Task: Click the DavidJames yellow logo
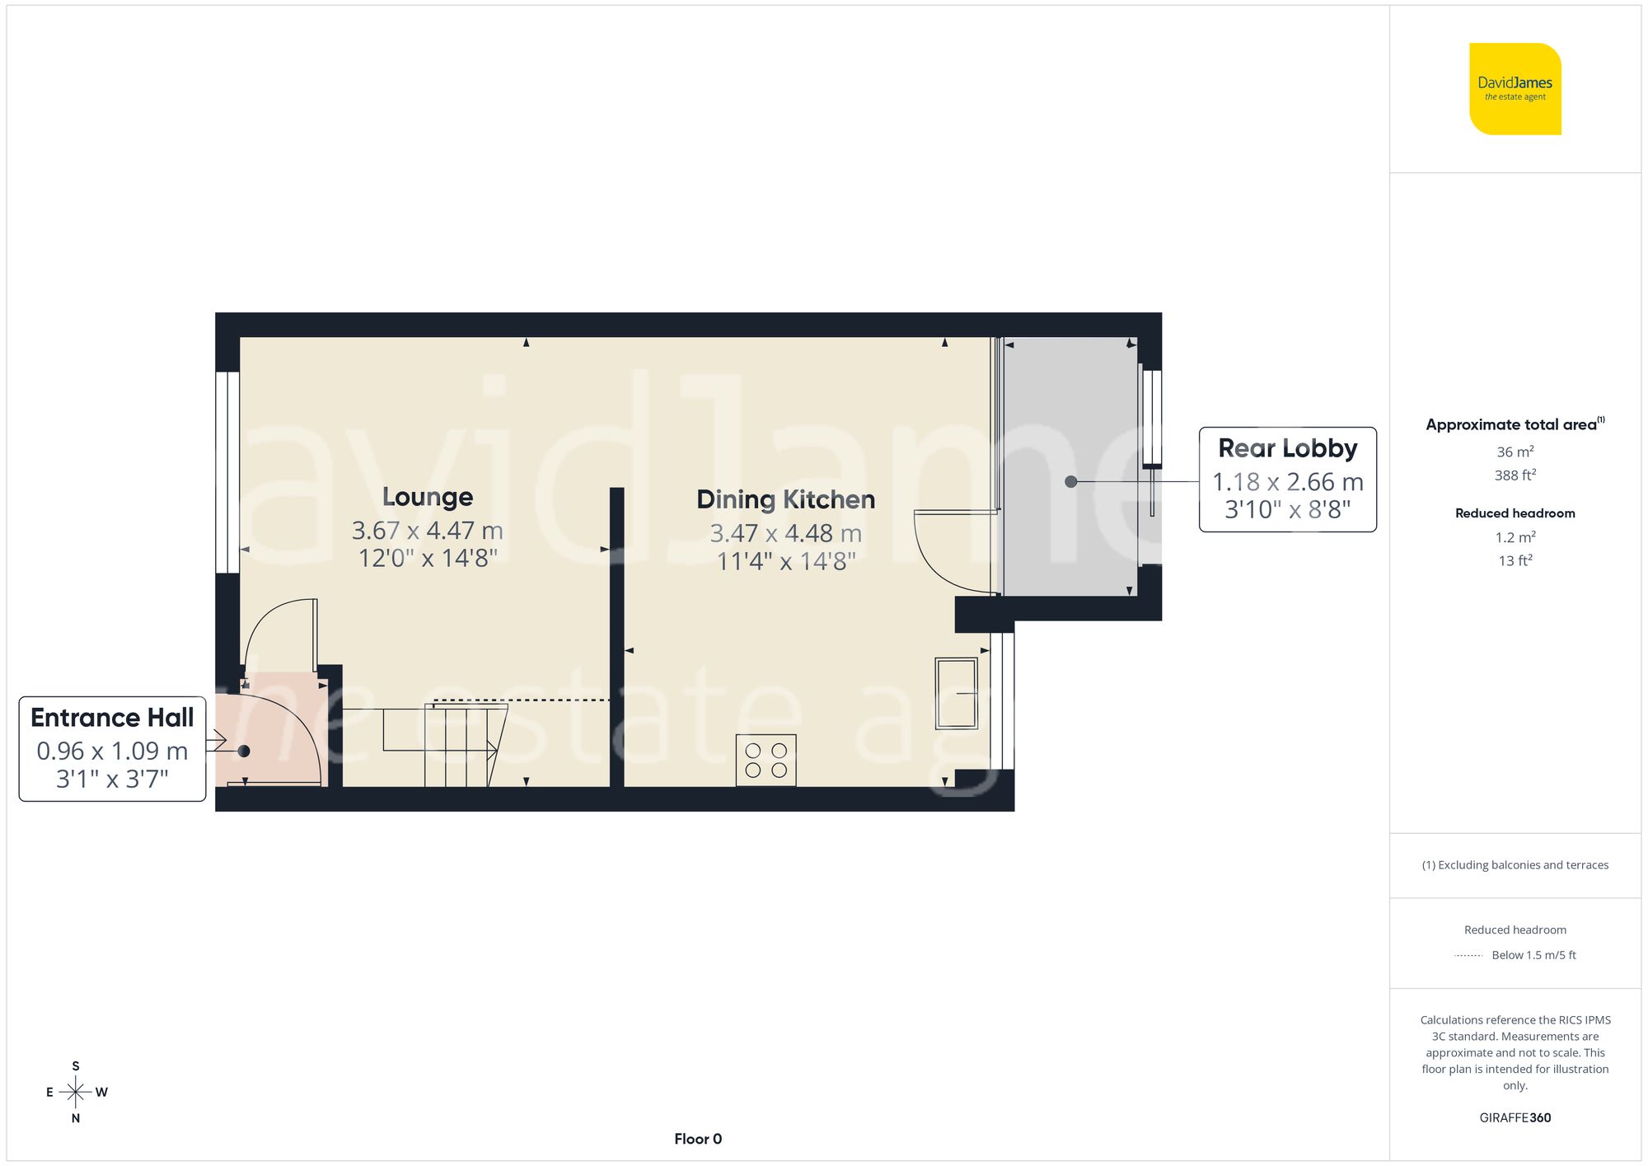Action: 1515,89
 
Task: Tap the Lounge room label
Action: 428,497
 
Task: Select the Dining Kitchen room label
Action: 785,499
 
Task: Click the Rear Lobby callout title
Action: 1287,448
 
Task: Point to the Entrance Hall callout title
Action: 112,718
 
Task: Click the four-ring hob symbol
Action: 765,760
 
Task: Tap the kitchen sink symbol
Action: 956,693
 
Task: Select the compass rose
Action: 75,1093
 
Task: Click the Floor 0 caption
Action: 697,1139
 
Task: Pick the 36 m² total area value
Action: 1515,452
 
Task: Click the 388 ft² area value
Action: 1515,475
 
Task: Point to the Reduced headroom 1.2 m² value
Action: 1515,537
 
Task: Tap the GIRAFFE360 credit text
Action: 1515,1118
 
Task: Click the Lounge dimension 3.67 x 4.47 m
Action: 427,531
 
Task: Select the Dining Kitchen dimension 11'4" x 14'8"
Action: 785,562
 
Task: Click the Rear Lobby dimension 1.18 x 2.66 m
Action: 1287,482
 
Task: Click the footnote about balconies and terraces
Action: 1515,865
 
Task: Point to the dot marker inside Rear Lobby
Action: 1070,482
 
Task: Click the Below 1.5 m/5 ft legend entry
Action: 1533,955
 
